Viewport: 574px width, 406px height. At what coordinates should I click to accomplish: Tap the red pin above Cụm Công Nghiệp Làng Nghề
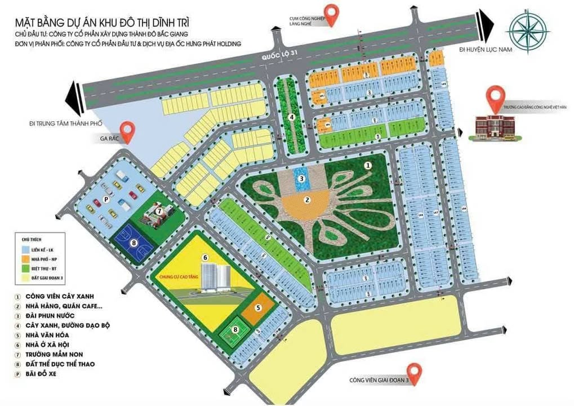(333, 15)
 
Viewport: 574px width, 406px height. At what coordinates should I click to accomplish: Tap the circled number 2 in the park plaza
(308, 199)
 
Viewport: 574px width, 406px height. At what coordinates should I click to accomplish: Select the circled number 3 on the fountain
(302, 178)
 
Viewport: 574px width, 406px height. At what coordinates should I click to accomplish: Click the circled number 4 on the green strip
(292, 117)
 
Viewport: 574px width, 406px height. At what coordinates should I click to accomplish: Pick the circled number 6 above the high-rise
(206, 258)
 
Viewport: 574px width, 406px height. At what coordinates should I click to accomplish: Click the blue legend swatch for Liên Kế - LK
(25, 249)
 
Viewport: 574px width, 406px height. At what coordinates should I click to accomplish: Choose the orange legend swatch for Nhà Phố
(25, 258)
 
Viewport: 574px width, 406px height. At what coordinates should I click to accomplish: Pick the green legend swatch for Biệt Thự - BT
(25, 268)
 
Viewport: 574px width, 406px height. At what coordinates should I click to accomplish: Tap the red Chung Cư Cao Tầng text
(180, 277)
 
